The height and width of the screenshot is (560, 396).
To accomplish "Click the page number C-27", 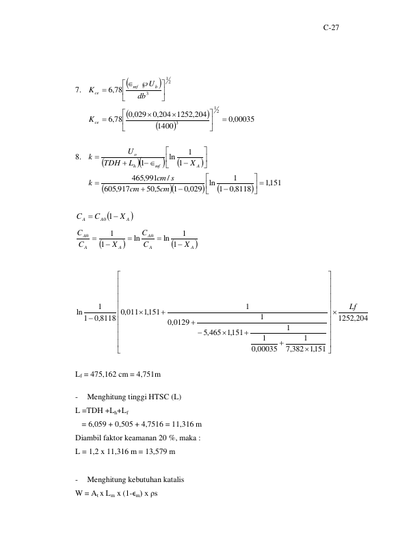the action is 331,27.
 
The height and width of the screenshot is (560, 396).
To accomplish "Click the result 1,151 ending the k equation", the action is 273,183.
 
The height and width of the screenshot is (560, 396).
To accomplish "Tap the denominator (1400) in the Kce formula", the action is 167,126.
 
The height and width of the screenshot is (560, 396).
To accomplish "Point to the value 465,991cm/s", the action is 153,178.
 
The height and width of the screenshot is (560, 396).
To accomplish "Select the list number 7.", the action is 78,90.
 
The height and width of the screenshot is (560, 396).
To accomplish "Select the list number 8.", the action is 78,157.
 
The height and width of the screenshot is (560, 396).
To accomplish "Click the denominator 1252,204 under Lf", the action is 353,318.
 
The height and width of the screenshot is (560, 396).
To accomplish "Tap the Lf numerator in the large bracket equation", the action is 353,307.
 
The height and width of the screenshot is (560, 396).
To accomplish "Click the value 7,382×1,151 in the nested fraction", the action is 306,349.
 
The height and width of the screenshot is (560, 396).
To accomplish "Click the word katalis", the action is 174,479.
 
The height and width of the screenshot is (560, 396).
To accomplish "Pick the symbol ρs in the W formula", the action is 154,494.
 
